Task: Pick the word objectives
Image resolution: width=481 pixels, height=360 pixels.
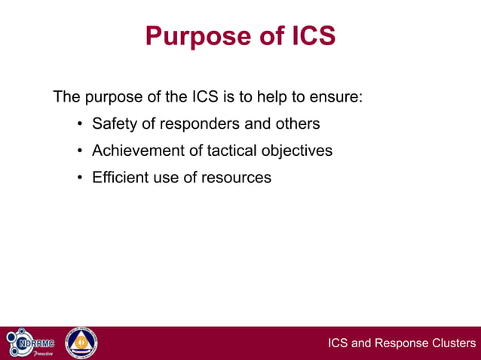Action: pos(297,151)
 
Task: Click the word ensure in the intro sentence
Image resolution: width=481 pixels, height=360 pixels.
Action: pos(339,97)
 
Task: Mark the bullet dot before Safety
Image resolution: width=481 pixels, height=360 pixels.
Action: pos(79,124)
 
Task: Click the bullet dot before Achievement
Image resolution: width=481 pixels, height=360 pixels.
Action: pos(79,151)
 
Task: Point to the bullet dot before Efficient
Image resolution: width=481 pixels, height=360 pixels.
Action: pos(79,178)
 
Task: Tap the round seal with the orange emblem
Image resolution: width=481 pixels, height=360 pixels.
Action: pos(81,343)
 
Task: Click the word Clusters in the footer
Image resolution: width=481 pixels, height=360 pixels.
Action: pos(453,344)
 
